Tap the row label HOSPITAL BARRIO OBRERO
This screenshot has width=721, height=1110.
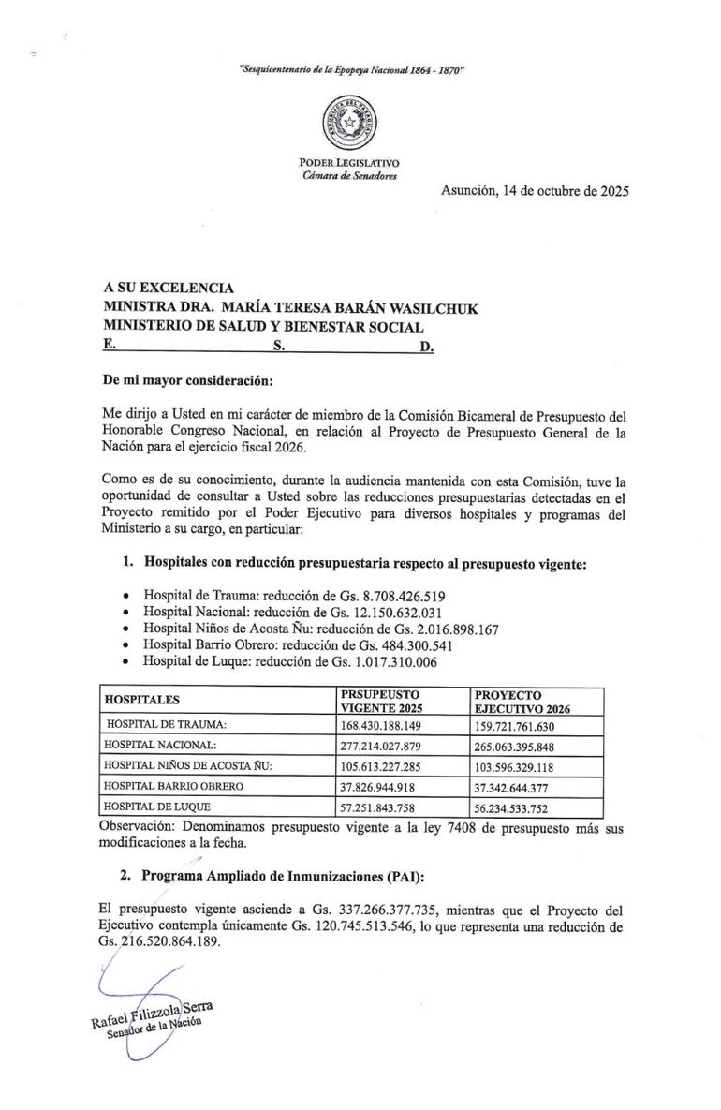point(174,786)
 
